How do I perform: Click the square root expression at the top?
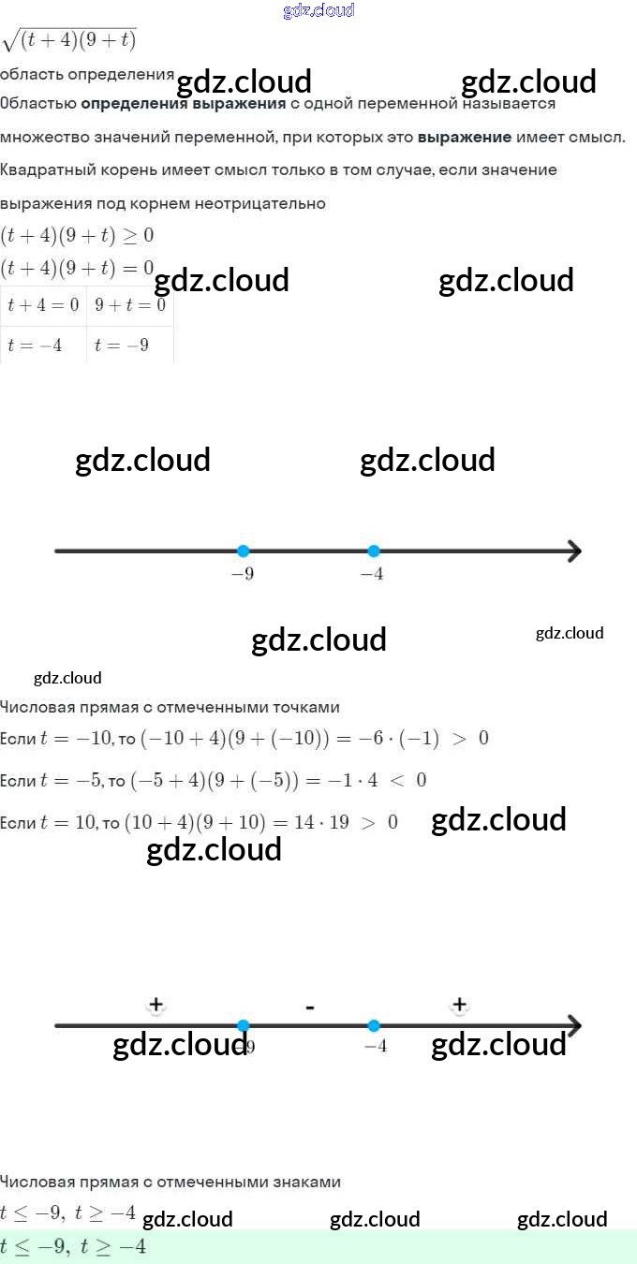click(70, 40)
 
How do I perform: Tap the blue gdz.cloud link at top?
click(318, 10)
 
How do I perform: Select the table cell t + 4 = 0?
click(43, 305)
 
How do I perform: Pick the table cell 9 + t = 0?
click(130, 305)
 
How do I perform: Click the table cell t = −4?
click(35, 345)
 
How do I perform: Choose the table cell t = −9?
click(122, 345)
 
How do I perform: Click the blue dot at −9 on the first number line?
click(244, 551)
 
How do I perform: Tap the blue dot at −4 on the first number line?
click(374, 551)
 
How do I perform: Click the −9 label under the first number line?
click(243, 574)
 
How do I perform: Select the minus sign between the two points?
click(309, 1007)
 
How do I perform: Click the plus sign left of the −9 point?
click(156, 1005)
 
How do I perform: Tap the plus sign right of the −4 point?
click(459, 1005)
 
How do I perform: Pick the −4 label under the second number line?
click(376, 1046)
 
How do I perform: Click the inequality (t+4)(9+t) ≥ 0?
click(77, 235)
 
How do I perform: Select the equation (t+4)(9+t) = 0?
click(77, 269)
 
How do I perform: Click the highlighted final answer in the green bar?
click(73, 1246)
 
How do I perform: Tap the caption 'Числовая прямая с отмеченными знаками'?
click(170, 1182)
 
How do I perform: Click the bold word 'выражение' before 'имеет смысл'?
click(465, 137)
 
